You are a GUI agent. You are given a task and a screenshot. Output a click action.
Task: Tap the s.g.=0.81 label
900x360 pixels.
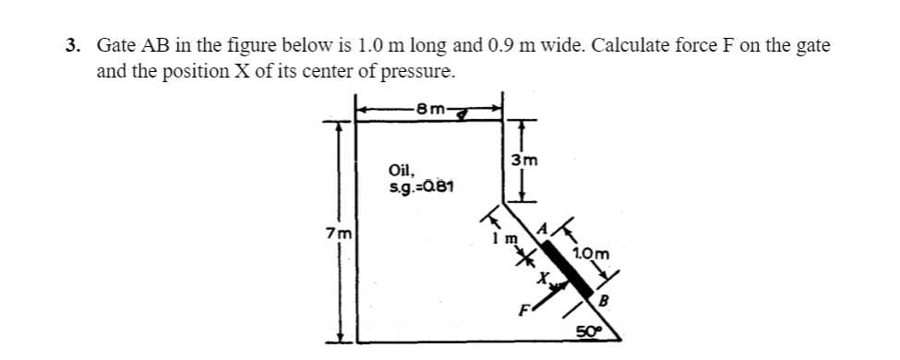point(421,188)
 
